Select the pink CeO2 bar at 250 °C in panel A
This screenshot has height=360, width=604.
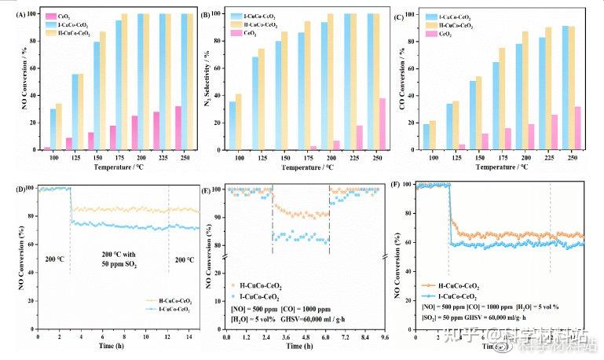[x=178, y=127]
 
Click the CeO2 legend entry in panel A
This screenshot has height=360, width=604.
[x=63, y=16]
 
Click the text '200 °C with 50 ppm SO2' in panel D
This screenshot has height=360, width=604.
[x=119, y=261]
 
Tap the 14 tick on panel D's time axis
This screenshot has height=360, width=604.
[x=187, y=336]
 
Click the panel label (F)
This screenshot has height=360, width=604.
[x=398, y=186]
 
